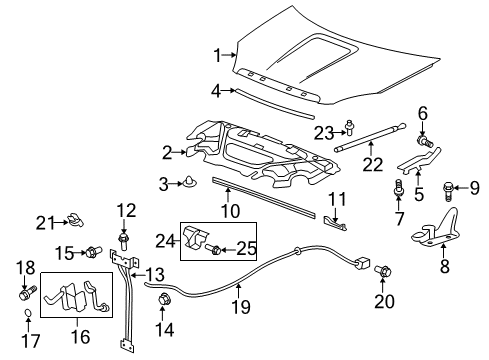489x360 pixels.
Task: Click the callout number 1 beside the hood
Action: tap(217, 55)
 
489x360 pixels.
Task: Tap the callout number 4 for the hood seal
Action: tap(217, 90)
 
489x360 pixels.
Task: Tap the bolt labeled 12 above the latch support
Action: tap(123, 240)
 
